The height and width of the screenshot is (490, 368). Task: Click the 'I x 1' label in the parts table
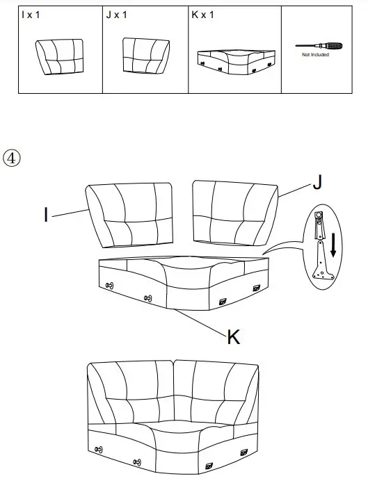(x=30, y=15)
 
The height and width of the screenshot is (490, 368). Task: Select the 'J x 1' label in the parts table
(x=116, y=15)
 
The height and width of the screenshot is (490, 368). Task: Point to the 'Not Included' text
(x=315, y=56)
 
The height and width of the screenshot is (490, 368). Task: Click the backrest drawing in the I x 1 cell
(x=59, y=56)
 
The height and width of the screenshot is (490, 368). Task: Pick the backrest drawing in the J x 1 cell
(x=147, y=55)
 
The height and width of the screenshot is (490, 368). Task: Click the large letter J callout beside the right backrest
(x=317, y=182)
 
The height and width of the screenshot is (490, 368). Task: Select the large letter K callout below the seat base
(x=234, y=338)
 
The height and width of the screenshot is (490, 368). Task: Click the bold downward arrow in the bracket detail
(x=334, y=244)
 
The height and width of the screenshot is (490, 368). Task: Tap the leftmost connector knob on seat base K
(x=110, y=286)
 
